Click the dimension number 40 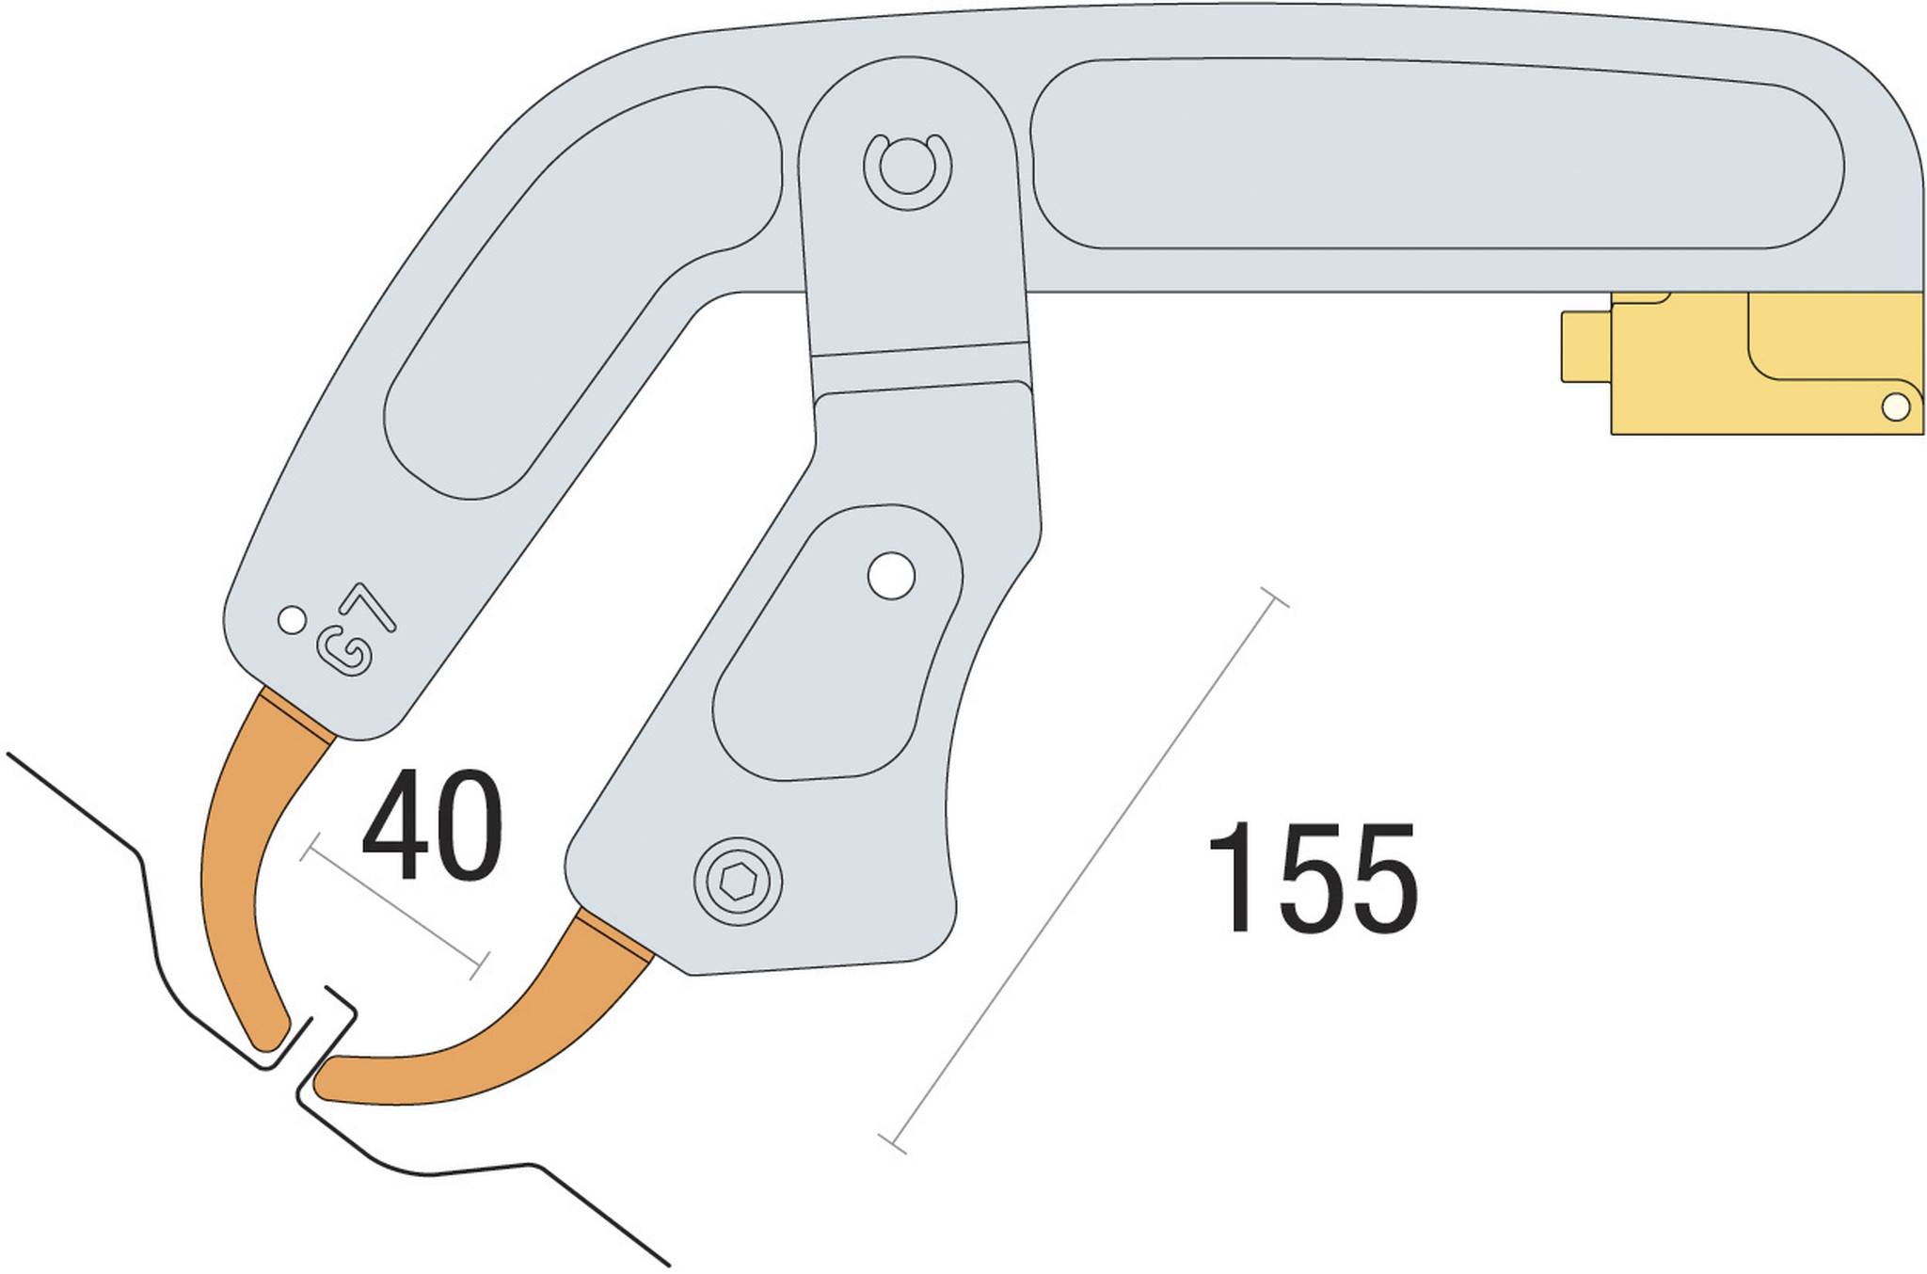[x=432, y=825]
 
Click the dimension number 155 [x=1313, y=879]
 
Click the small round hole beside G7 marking [x=292, y=620]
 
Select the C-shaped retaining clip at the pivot [x=907, y=170]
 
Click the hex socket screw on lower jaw [x=738, y=882]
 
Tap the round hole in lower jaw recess [x=891, y=576]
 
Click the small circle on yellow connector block [x=1895, y=406]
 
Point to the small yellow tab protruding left [x=1585, y=346]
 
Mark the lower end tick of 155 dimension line [x=892, y=1144]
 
